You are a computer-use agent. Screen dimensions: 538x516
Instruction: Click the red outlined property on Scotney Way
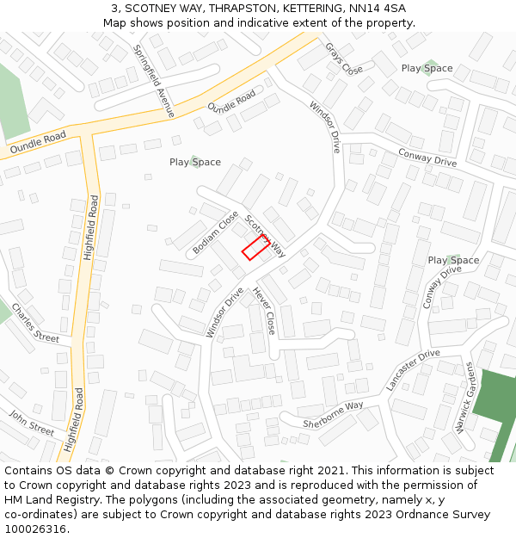pyautogui.click(x=254, y=248)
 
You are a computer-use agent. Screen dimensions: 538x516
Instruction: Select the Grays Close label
pyautogui.click(x=343, y=58)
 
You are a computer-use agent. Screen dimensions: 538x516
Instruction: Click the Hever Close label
pyautogui.click(x=263, y=311)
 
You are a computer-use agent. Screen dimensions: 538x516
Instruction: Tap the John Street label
pyautogui.click(x=32, y=422)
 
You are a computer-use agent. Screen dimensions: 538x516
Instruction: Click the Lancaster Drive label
pyautogui.click(x=413, y=371)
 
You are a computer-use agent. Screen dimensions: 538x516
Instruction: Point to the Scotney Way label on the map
pyautogui.click(x=266, y=236)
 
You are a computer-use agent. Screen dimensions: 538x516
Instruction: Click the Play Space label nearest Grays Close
pyautogui.click(x=427, y=68)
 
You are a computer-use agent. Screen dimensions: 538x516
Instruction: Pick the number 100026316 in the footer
pyautogui.click(x=34, y=529)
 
